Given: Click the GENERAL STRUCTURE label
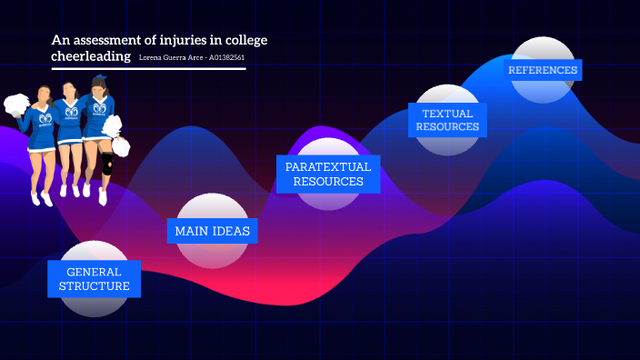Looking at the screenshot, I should pyautogui.click(x=95, y=279).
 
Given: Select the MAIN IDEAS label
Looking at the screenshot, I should pyautogui.click(x=212, y=231).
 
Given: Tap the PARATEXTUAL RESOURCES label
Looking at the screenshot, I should pyautogui.click(x=328, y=174).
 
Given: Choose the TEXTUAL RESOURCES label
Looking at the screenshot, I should pyautogui.click(x=447, y=120).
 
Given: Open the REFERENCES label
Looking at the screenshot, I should pyautogui.click(x=543, y=70).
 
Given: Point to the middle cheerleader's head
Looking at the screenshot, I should pyautogui.click(x=69, y=90).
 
